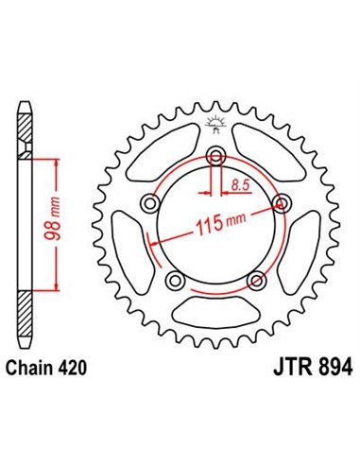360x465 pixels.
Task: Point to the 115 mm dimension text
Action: [218, 228]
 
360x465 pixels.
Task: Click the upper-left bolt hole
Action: [149, 202]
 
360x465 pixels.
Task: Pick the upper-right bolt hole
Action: [282, 202]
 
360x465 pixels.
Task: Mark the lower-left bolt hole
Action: [174, 280]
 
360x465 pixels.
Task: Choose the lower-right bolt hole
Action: [256, 280]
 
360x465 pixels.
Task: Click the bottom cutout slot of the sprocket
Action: [215, 311]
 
